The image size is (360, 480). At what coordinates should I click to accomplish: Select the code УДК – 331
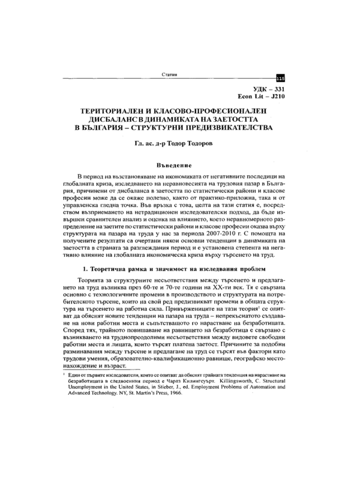pos(262,88)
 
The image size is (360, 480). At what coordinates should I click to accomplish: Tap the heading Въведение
pos(173,164)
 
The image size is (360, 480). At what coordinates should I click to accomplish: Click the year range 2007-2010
pos(228,232)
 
